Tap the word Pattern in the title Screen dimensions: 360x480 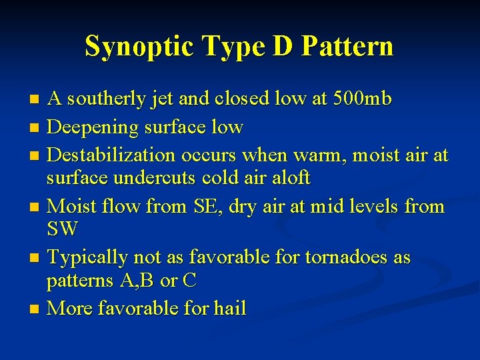coord(347,47)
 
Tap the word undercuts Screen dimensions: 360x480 coord(177,179)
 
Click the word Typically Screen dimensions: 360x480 coord(89,257)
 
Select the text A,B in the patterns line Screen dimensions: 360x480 coord(139,281)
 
